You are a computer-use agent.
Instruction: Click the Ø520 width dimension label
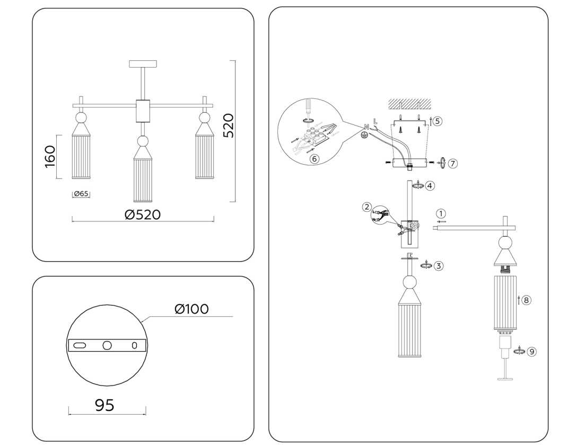tap(142, 214)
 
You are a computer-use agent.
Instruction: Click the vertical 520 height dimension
tap(228, 126)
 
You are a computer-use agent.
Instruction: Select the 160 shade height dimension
tap(50, 156)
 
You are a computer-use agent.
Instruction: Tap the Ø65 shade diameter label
tap(81, 194)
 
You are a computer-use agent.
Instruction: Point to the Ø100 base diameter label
tap(191, 309)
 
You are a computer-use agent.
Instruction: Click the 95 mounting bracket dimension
tap(104, 405)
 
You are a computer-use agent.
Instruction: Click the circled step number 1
tap(441, 213)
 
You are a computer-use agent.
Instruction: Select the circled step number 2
tap(366, 207)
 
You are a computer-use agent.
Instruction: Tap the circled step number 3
tap(438, 266)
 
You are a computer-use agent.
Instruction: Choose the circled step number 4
tap(430, 186)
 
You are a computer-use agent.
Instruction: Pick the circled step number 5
tap(436, 121)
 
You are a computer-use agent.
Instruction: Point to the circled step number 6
tap(314, 158)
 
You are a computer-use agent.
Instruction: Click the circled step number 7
tap(452, 164)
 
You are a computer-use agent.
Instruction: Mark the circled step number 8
tap(526, 300)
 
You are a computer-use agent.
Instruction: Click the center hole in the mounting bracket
tap(108, 345)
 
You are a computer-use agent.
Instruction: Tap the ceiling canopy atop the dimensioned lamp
tap(143, 64)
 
